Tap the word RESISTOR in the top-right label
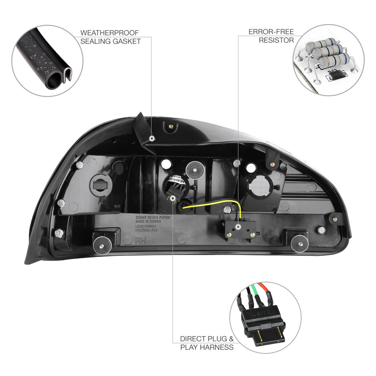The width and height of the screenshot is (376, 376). pos(276,40)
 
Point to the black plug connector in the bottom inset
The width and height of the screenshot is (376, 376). pos(264,323)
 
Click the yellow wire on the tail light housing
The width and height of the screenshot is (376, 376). pos(218,203)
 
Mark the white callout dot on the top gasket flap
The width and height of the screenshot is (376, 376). pos(152,138)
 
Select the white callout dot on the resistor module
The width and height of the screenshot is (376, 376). pos(239,227)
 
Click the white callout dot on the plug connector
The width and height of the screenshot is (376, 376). pos(173,198)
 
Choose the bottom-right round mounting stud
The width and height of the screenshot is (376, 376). pos(300,244)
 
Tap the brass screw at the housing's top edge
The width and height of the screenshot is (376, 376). pos(171,127)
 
